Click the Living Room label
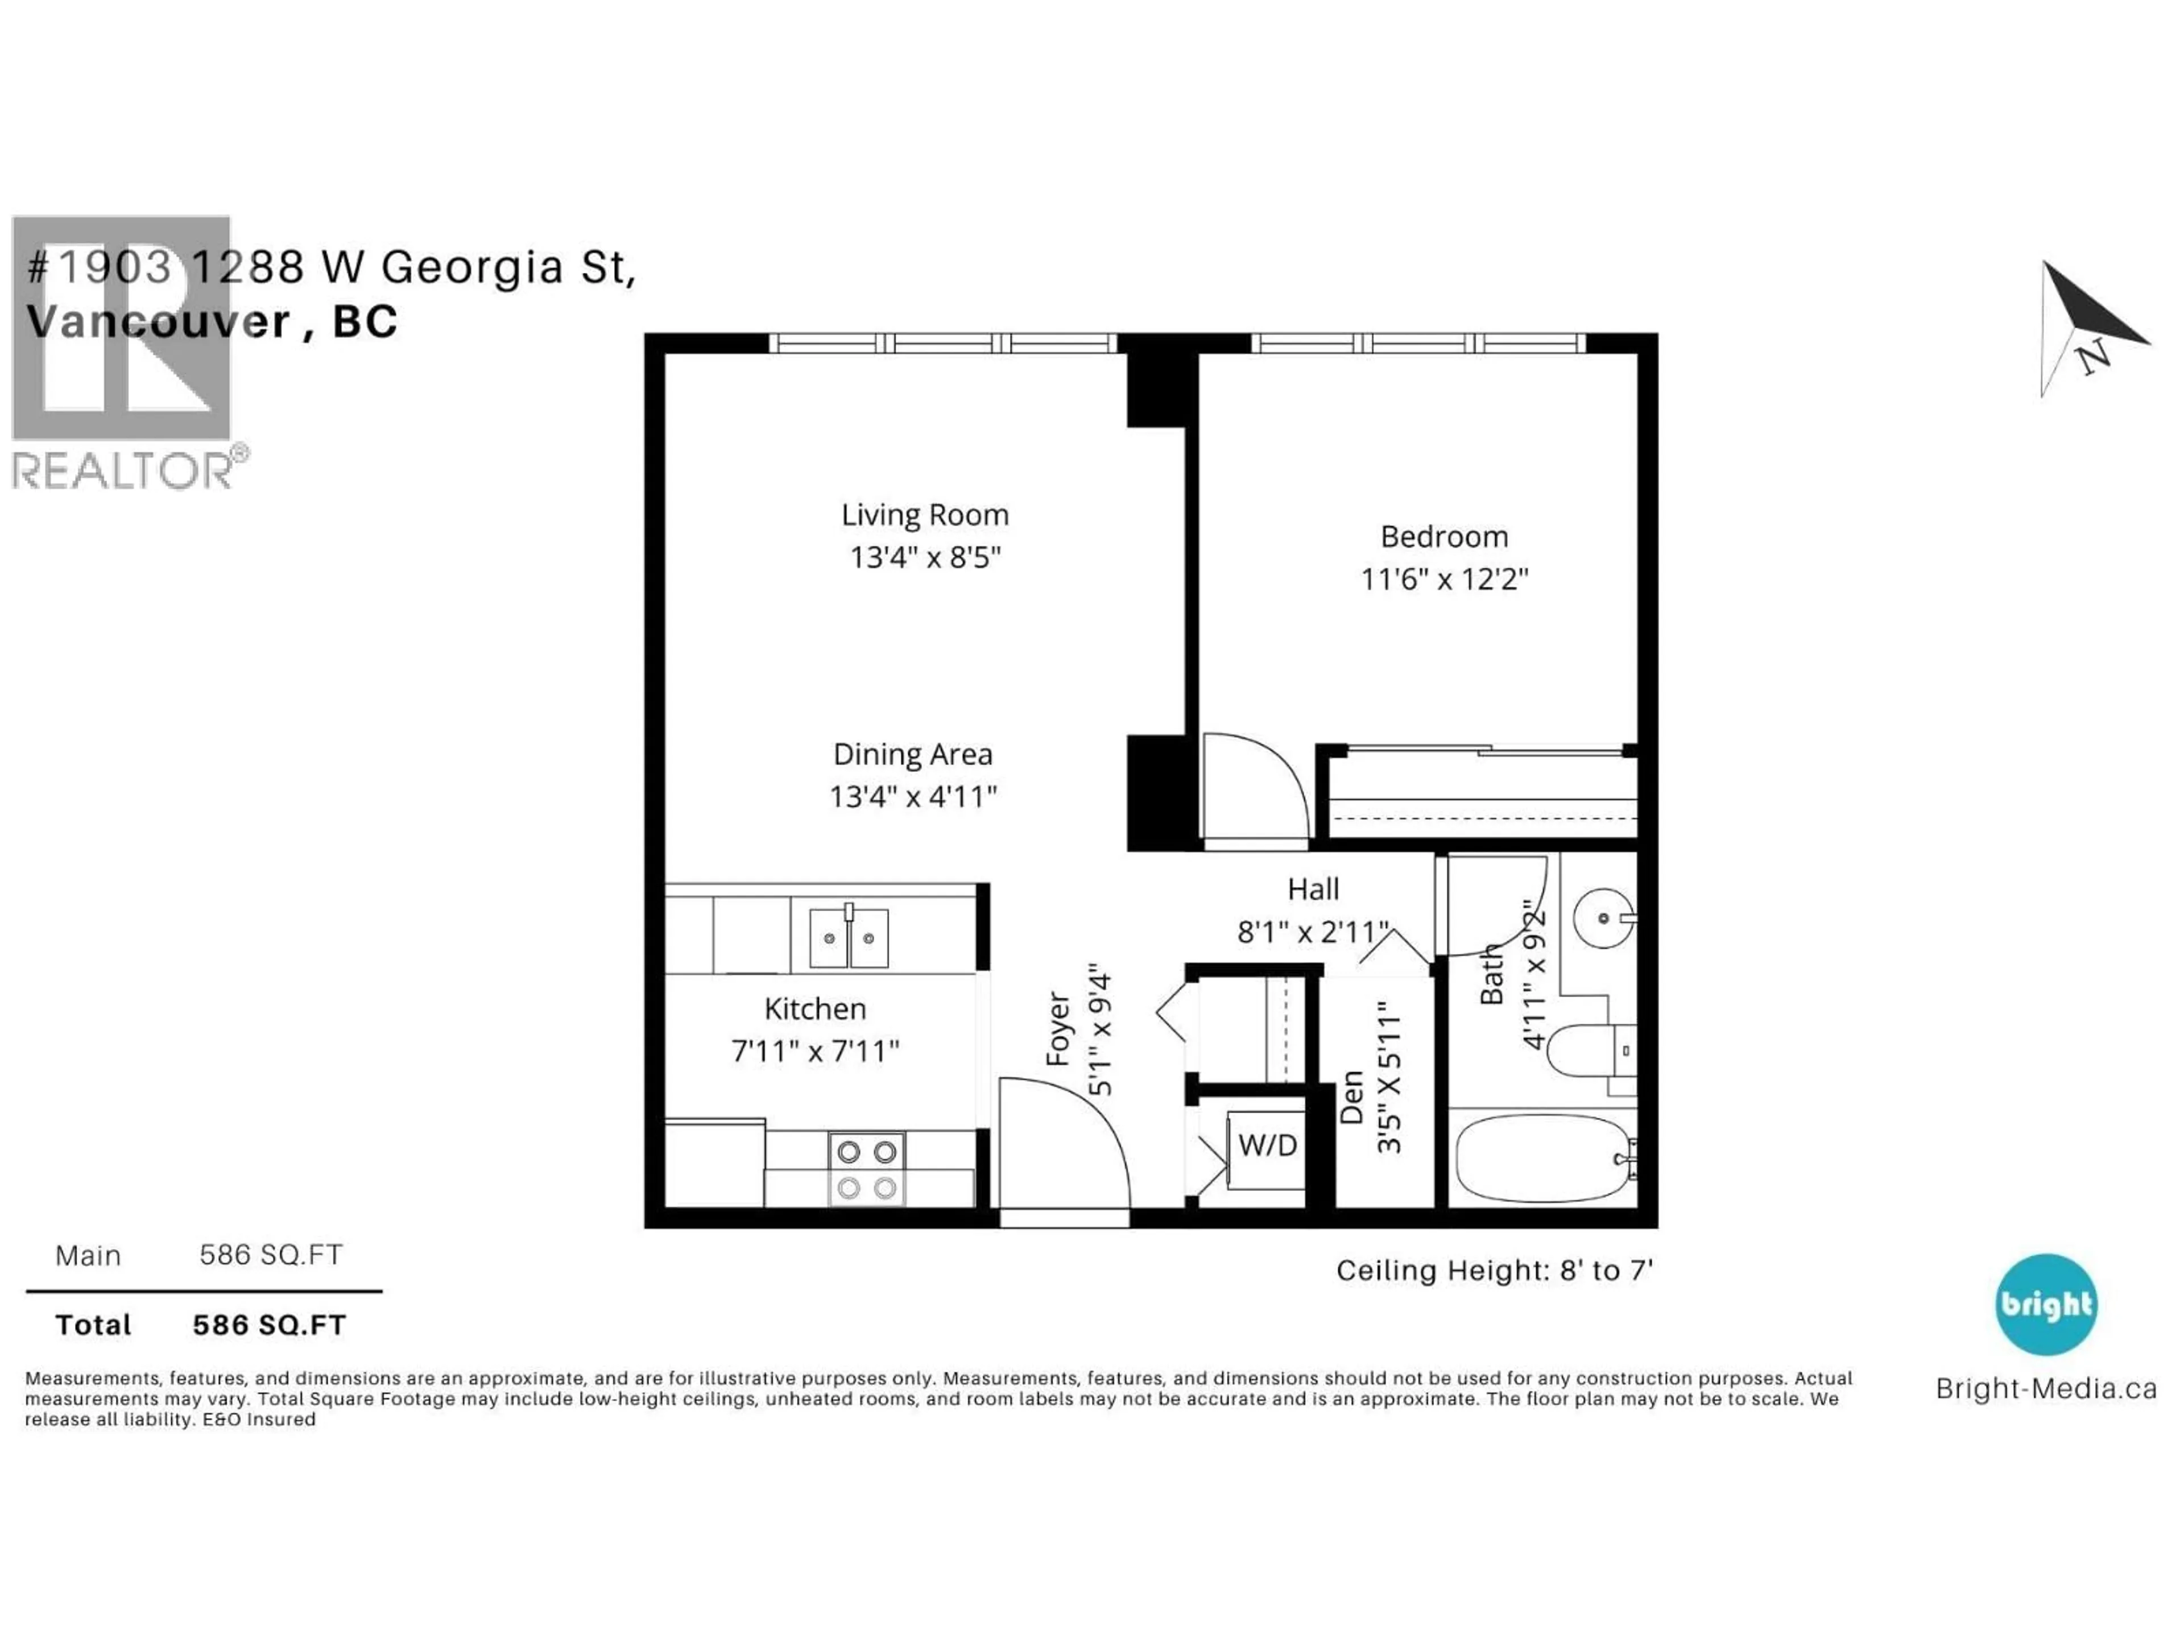tap(924, 514)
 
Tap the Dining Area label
tap(912, 754)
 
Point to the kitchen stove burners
tap(866, 1169)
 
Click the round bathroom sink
tap(1603, 918)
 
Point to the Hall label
tap(1313, 888)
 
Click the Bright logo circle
tap(2046, 1304)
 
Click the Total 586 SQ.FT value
tap(270, 1325)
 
